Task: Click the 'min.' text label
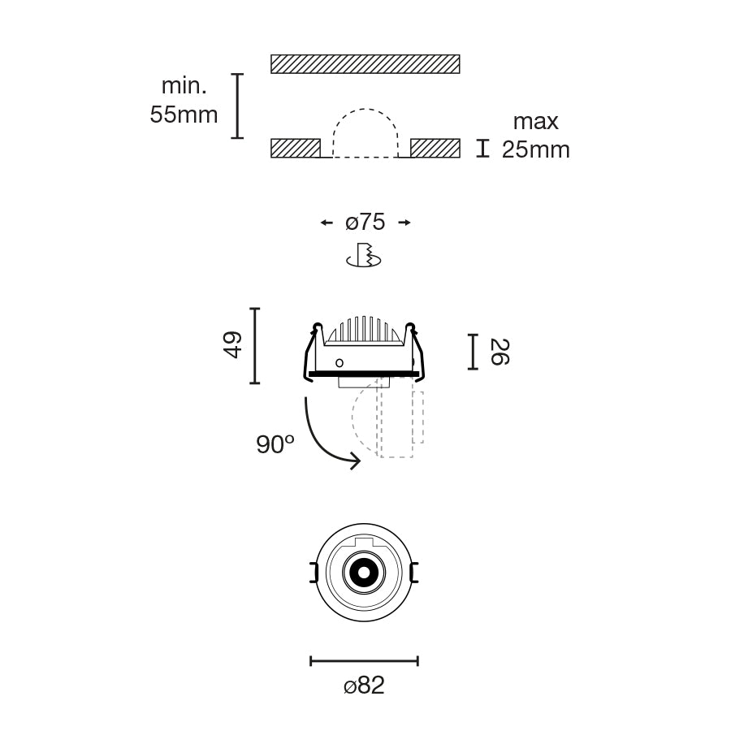click(x=184, y=86)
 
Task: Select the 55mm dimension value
click(x=184, y=115)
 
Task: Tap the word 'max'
click(x=536, y=122)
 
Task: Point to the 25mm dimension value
click(x=536, y=149)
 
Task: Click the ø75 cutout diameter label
click(x=365, y=222)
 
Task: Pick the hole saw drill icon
click(x=364, y=255)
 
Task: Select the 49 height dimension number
click(x=232, y=345)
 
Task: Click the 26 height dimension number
click(x=500, y=352)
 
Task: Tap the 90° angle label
click(x=275, y=444)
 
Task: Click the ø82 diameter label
click(x=364, y=686)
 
